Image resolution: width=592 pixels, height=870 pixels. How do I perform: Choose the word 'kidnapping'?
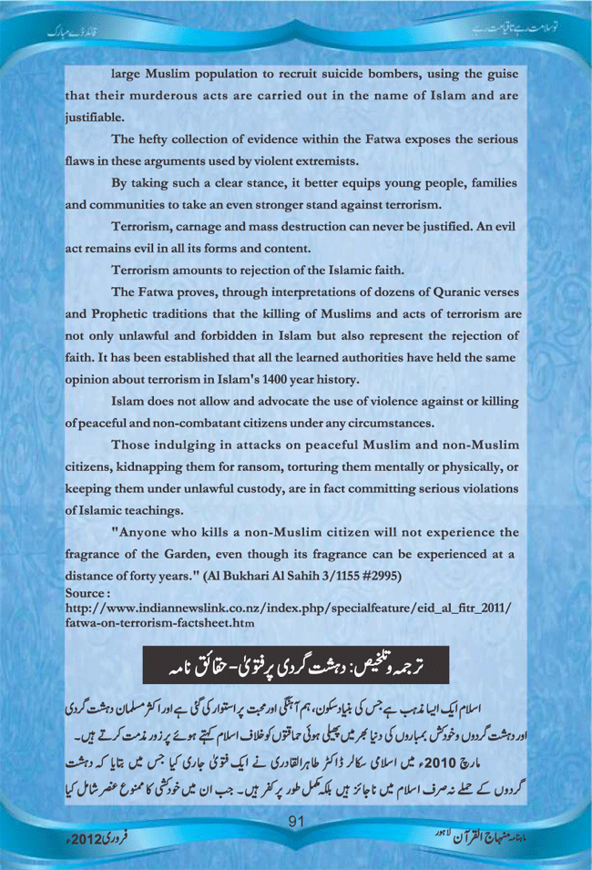(x=176, y=466)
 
